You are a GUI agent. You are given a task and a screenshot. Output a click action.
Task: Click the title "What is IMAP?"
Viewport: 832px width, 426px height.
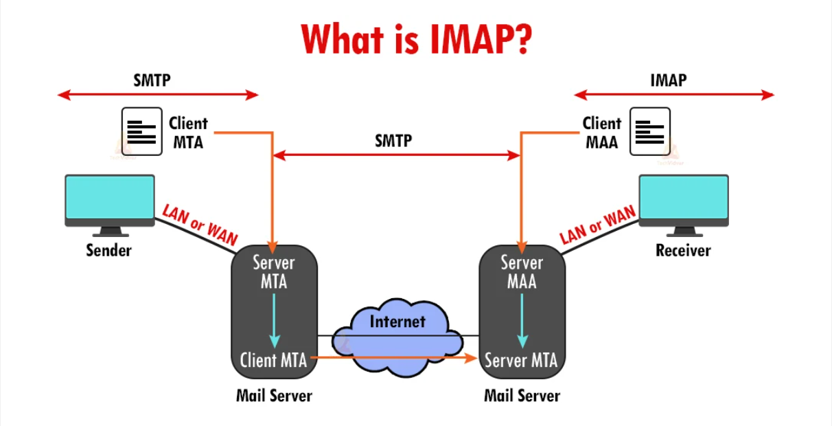tap(416, 40)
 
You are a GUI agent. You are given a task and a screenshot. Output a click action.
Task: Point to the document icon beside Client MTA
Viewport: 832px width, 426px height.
tap(142, 131)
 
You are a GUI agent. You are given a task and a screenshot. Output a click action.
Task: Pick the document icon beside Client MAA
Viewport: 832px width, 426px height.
tap(650, 131)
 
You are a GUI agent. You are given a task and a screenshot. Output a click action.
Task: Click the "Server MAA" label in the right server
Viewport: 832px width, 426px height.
tap(522, 271)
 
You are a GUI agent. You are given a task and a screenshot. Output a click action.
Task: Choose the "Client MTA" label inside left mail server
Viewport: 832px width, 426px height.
tap(273, 359)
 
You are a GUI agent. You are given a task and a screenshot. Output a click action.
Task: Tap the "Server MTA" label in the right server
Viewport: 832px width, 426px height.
tap(521, 359)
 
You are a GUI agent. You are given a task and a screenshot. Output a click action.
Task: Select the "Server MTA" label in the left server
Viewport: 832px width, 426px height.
tap(274, 271)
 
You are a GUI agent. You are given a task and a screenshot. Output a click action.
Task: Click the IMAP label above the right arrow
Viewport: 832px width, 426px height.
tap(668, 80)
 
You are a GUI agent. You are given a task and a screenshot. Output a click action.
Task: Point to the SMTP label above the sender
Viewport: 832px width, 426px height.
tap(152, 80)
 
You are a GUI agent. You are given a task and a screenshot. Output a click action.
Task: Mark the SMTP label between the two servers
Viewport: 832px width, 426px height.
tap(393, 141)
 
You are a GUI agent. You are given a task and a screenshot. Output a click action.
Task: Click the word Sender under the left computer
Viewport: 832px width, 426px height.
tap(108, 250)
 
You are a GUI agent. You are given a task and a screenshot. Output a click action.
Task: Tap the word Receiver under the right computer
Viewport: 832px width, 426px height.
tap(683, 250)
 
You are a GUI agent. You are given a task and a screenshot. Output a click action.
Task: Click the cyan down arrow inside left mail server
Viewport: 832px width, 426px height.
tap(275, 320)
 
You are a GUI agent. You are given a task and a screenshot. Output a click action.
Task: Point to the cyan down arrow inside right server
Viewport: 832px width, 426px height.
tap(522, 320)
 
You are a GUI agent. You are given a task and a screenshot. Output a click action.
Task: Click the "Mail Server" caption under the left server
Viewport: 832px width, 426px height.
tap(274, 396)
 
